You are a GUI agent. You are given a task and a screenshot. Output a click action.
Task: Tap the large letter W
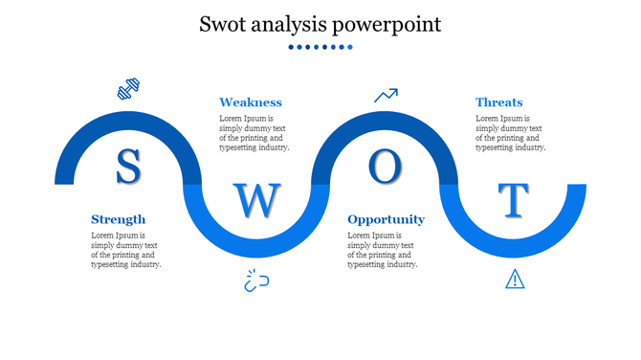point(257,200)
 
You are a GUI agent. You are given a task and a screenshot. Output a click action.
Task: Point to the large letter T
point(515,199)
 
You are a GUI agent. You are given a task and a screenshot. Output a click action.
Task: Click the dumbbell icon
point(128,90)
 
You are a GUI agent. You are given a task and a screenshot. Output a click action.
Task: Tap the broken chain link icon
point(256,281)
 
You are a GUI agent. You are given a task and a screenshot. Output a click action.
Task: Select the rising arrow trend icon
point(386,95)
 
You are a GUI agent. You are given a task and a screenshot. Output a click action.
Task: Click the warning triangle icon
point(515,279)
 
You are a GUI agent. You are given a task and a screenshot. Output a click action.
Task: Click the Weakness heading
point(250,102)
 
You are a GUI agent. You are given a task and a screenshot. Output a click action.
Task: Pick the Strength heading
point(118,219)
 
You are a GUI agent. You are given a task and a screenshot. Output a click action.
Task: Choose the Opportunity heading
point(386,219)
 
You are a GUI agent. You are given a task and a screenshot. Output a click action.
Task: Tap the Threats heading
point(498,102)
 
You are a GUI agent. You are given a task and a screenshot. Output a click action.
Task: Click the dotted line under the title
point(320,47)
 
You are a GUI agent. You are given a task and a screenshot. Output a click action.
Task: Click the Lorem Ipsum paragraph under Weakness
point(254,133)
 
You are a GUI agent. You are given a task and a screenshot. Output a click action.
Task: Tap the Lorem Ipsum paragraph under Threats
point(511,133)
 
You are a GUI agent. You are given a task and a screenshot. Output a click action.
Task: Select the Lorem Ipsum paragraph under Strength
point(125,250)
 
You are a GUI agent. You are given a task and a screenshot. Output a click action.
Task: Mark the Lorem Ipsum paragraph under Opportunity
point(383,250)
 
